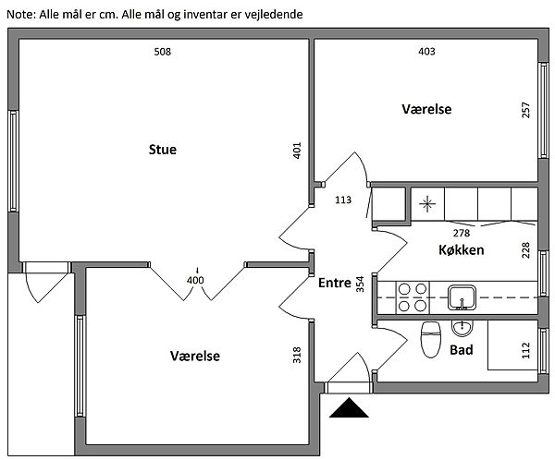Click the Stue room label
[x=162, y=150]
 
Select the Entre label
[x=334, y=284]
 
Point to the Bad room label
[x=462, y=351]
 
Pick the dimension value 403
[x=426, y=52]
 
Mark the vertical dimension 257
[x=526, y=110]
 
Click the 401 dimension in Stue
[x=297, y=151]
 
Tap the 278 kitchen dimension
[x=461, y=233]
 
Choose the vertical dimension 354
[x=361, y=284]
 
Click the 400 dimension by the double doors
[x=194, y=281]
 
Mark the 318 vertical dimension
[x=297, y=356]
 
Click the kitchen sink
[x=462, y=297]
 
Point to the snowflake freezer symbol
[x=426, y=203]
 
